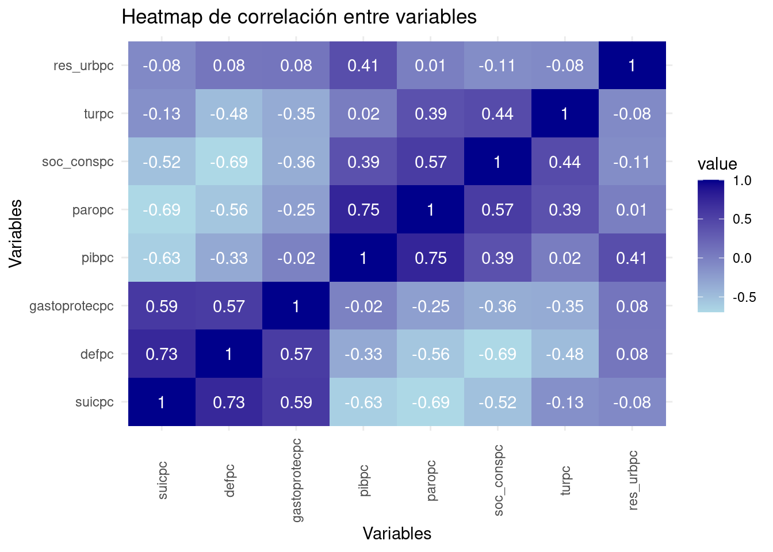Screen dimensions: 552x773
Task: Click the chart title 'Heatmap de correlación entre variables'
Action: [x=299, y=17]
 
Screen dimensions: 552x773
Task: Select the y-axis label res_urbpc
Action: [x=83, y=66]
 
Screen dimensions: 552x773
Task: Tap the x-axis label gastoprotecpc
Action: [x=297, y=480]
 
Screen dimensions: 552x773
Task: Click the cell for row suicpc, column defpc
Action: [x=229, y=402]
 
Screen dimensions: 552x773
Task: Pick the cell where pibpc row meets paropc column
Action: [x=431, y=258]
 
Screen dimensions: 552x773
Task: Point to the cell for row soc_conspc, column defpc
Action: [x=229, y=162]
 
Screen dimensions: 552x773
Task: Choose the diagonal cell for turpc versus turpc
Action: [x=565, y=114]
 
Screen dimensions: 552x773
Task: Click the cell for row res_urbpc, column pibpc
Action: [x=363, y=66]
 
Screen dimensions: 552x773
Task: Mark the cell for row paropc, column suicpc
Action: [x=162, y=210]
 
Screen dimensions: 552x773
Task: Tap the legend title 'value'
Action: [x=717, y=164]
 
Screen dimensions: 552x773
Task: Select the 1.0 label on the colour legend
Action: [x=743, y=181]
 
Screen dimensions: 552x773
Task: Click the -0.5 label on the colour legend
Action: [x=744, y=297]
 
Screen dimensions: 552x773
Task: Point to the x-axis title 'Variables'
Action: [x=397, y=534]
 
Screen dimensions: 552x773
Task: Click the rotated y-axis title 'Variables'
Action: [x=16, y=233]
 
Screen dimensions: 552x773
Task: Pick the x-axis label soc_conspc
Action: [x=498, y=480]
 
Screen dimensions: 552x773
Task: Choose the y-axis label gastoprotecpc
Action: [x=72, y=306]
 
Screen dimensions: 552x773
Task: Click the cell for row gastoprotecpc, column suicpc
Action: [x=162, y=306]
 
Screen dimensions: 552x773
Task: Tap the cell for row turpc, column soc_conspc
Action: [x=498, y=114]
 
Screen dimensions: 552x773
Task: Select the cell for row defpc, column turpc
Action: [x=565, y=354]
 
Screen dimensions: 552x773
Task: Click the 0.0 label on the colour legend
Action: [x=743, y=258]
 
